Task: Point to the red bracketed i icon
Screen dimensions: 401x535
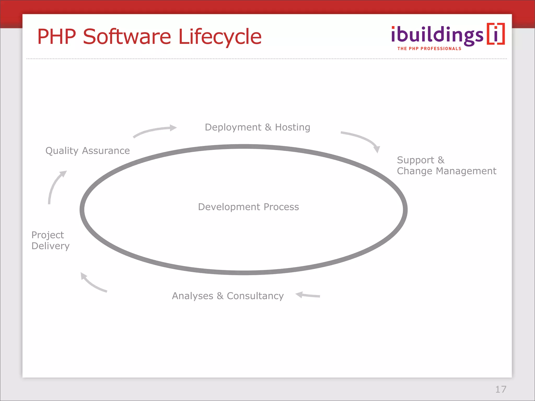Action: pos(496,34)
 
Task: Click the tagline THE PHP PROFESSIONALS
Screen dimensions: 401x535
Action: pos(429,49)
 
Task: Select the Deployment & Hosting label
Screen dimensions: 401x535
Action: pos(257,127)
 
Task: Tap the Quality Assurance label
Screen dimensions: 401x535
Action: pos(88,151)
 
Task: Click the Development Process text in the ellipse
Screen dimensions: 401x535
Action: pos(248,207)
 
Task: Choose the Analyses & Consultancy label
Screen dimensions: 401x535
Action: pos(228,296)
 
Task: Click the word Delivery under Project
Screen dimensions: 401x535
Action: pos(50,246)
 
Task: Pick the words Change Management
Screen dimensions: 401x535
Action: pos(446,171)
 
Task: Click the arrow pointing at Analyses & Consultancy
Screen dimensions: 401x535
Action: pos(308,295)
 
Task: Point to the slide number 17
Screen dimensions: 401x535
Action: pos(501,389)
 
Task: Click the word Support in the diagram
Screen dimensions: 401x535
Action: pos(415,160)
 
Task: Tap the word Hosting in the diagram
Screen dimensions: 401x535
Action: pos(292,127)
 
